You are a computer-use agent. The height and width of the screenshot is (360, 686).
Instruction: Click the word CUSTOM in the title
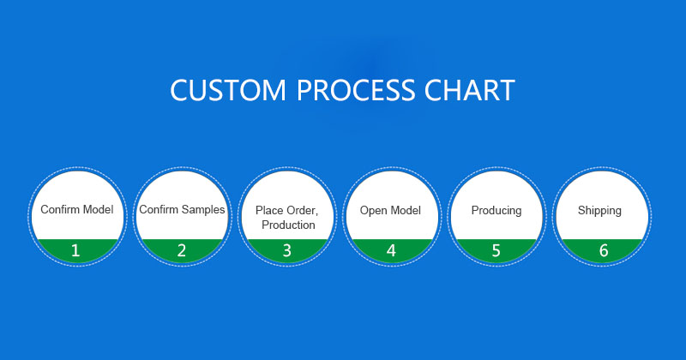coord(228,90)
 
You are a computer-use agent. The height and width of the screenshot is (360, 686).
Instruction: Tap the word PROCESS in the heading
coord(356,90)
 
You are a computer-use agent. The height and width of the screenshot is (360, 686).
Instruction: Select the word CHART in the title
coord(469,90)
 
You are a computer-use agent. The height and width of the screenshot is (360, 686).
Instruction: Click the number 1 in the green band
coord(75,250)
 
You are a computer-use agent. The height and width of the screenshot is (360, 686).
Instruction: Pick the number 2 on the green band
coord(182,250)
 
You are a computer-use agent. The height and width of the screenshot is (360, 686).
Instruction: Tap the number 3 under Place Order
coord(287,250)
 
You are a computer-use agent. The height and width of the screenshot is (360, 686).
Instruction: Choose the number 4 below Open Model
coord(391,250)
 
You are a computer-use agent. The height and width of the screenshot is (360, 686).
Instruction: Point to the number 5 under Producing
coord(496,250)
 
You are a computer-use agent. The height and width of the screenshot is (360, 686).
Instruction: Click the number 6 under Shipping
coord(604,250)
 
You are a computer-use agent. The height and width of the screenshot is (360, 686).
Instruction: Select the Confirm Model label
coord(77,209)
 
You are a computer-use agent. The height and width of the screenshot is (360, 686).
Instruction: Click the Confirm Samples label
coord(182,209)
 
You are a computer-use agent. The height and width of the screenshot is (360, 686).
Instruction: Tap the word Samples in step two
coord(203,210)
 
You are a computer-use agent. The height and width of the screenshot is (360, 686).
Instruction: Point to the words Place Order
coord(286,210)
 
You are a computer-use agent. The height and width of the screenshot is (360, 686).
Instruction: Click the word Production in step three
coord(288,225)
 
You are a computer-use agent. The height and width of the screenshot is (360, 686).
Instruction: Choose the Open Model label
coord(390,210)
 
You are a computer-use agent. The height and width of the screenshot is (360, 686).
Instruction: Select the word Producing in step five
coord(496,211)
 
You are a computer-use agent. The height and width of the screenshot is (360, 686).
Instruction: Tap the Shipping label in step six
coord(599,211)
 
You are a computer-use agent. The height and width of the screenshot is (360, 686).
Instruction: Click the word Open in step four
coord(371,211)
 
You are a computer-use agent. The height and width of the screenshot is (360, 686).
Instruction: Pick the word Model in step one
coord(97,209)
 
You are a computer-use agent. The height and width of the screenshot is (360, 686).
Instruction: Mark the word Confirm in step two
coord(159,209)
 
